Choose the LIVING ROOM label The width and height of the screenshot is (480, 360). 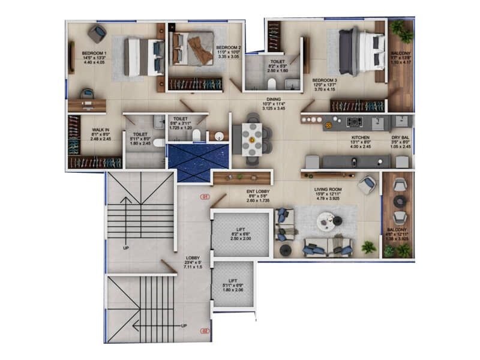tap(327, 190)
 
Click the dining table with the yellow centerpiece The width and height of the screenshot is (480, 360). tap(252, 140)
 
